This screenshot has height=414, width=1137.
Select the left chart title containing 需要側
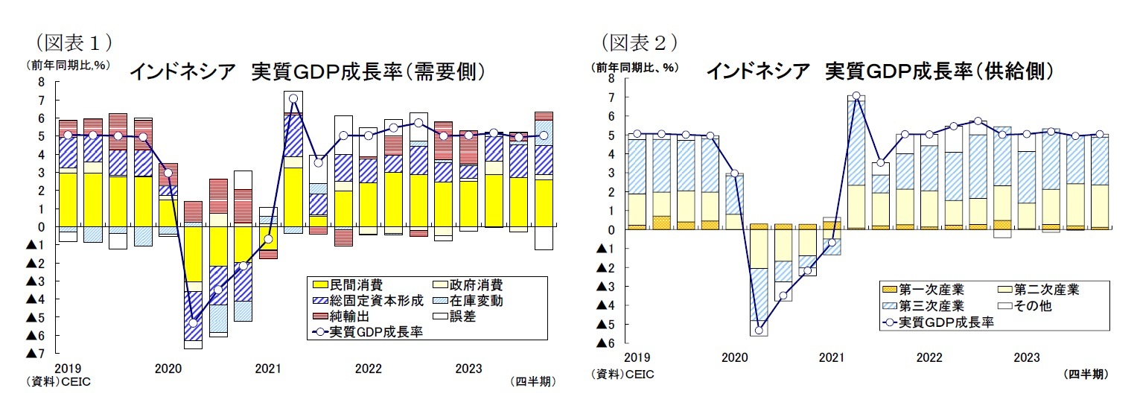(308, 71)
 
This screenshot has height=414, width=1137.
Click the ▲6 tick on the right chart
(605, 343)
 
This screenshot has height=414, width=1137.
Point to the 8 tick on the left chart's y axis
(42, 82)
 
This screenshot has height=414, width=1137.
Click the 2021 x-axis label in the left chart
(267, 369)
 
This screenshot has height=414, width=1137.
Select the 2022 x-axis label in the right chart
(929, 357)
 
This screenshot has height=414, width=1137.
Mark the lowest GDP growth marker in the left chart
(193, 323)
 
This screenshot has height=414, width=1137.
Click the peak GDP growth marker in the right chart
(856, 95)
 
